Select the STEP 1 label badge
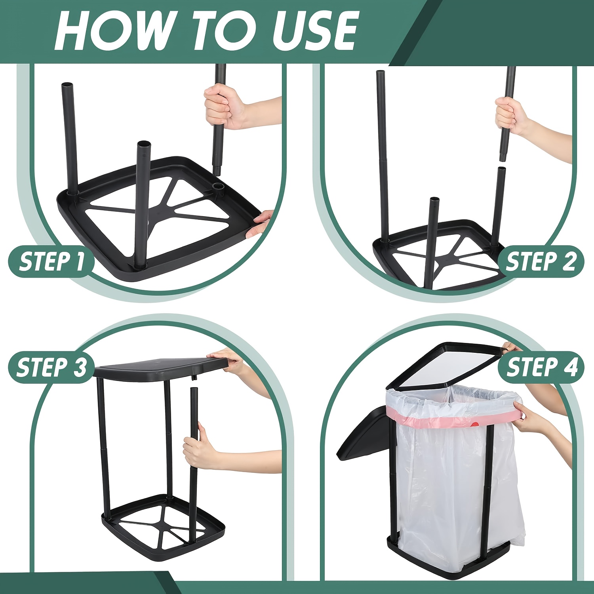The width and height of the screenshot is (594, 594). click(x=51, y=261)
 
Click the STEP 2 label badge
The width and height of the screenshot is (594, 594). click(x=541, y=261)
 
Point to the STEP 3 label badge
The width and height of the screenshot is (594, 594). click(x=51, y=367)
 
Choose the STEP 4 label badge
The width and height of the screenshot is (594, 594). click(x=541, y=367)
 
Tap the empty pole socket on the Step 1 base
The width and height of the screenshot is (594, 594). click(x=217, y=185)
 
